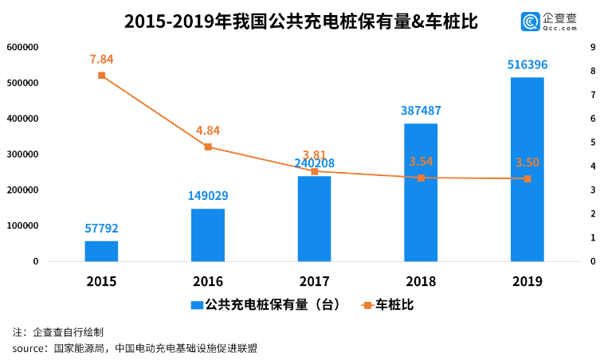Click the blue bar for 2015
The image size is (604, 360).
pyautogui.click(x=101, y=251)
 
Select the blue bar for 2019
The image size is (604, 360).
pyautogui.click(x=527, y=169)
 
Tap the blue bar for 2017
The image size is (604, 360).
pyautogui.click(x=314, y=218)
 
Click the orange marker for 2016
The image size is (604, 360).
pyautogui.click(x=208, y=147)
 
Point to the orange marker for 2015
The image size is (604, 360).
pyautogui.click(x=101, y=76)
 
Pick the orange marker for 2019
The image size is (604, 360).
pyautogui.click(x=527, y=178)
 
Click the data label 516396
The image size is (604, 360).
pyautogui.click(x=527, y=65)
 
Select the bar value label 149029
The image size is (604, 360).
pyautogui.click(x=208, y=196)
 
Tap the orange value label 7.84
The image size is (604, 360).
pyautogui.click(x=101, y=59)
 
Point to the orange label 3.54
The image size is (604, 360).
pyautogui.click(x=421, y=162)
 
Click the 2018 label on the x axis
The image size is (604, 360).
pyautogui.click(x=421, y=281)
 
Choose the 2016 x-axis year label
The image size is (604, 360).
pyautogui.click(x=208, y=281)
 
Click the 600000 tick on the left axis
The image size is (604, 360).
pyautogui.click(x=23, y=47)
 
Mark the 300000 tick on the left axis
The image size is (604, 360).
pyautogui.click(x=23, y=155)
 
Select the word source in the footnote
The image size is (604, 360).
pyautogui.click(x=28, y=348)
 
